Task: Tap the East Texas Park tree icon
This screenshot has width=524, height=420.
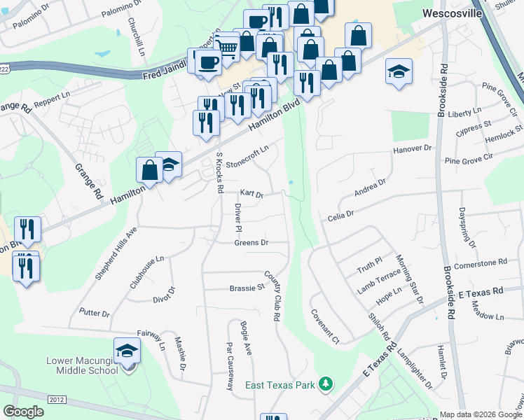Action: (x=325, y=384)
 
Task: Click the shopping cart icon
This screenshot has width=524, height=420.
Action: (x=226, y=47)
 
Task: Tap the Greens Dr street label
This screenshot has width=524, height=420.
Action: (x=251, y=243)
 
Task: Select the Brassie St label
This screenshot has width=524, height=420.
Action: (x=247, y=288)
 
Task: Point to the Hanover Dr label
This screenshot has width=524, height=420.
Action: (x=413, y=149)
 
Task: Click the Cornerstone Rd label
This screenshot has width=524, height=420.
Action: (x=480, y=262)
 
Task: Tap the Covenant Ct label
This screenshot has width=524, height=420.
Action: (x=325, y=327)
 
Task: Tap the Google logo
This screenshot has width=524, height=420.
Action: (x=24, y=412)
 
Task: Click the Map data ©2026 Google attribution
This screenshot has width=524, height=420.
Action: (x=481, y=414)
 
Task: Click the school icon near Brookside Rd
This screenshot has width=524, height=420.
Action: (x=399, y=71)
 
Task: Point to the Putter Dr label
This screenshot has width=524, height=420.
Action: (x=95, y=312)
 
